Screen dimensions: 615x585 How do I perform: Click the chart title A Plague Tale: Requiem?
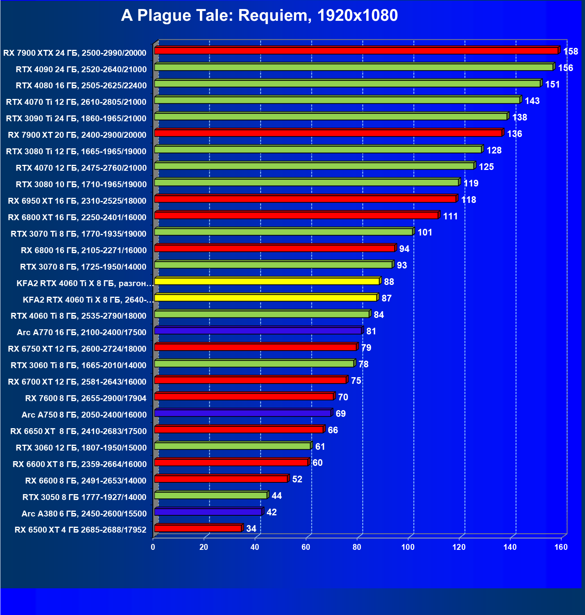[259, 16]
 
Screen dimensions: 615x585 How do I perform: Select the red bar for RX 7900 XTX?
[356, 51]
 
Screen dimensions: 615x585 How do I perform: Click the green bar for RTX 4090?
[353, 67]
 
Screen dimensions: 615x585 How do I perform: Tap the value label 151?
[552, 84]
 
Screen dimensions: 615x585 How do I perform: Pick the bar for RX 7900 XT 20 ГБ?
[328, 133]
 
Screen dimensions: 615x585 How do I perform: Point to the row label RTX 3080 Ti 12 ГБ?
[76, 151]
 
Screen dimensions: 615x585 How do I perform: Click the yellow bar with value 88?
[267, 281]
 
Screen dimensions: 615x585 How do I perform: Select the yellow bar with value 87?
[266, 297]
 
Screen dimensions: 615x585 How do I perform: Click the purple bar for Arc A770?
[258, 331]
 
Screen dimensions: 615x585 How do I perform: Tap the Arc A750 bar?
[243, 413]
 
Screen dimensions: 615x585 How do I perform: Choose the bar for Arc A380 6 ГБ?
[208, 512]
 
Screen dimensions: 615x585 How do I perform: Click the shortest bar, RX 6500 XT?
[198, 528]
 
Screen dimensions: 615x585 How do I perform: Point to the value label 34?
[251, 529]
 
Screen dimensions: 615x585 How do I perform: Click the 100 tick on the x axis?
[408, 547]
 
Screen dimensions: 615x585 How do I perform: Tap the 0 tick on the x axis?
[153, 547]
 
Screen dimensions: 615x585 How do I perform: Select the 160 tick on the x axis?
[561, 547]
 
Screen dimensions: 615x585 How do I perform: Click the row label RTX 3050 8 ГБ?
[84, 497]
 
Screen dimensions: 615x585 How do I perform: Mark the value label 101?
[424, 232]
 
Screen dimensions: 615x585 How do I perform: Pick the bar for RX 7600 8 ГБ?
[244, 397]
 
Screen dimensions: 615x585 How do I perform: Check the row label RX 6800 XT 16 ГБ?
[77, 217]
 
